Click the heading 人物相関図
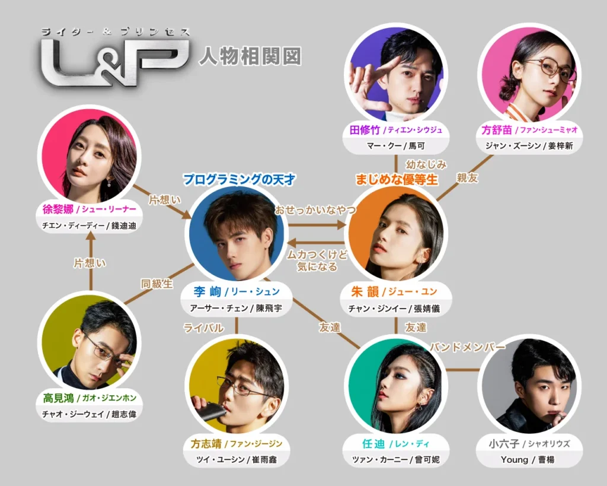click(250, 56)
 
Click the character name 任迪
click(370, 443)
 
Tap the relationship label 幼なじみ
click(426, 164)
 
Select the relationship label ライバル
click(203, 328)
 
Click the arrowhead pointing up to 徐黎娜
click(90, 236)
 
